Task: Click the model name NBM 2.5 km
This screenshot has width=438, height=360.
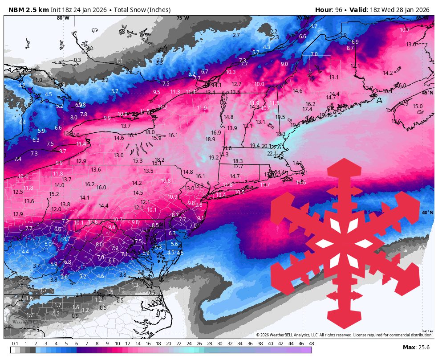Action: (x=27, y=10)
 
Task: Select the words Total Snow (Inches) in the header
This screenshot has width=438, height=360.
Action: (x=142, y=10)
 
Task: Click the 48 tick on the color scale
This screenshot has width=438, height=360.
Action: (x=311, y=344)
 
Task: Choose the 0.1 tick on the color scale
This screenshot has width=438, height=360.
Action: (x=15, y=344)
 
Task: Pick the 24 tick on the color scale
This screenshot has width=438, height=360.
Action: (x=189, y=344)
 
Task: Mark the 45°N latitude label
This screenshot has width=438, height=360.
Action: (x=427, y=93)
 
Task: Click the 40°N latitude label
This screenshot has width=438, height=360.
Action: (x=427, y=213)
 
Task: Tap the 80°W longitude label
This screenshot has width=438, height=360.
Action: (x=63, y=18)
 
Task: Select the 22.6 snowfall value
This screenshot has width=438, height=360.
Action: (x=276, y=147)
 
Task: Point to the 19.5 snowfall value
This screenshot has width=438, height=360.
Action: (x=280, y=117)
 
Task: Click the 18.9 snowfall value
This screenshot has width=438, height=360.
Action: (x=211, y=139)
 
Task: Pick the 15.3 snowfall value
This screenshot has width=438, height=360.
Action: (x=138, y=161)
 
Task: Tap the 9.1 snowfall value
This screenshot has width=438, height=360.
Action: (x=201, y=218)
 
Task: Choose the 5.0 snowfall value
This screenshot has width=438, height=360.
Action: (x=48, y=244)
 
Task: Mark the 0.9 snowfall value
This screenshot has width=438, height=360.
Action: (x=75, y=315)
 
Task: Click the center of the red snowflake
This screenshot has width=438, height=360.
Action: (x=345, y=244)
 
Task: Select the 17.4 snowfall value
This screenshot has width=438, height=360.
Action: (x=307, y=109)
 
